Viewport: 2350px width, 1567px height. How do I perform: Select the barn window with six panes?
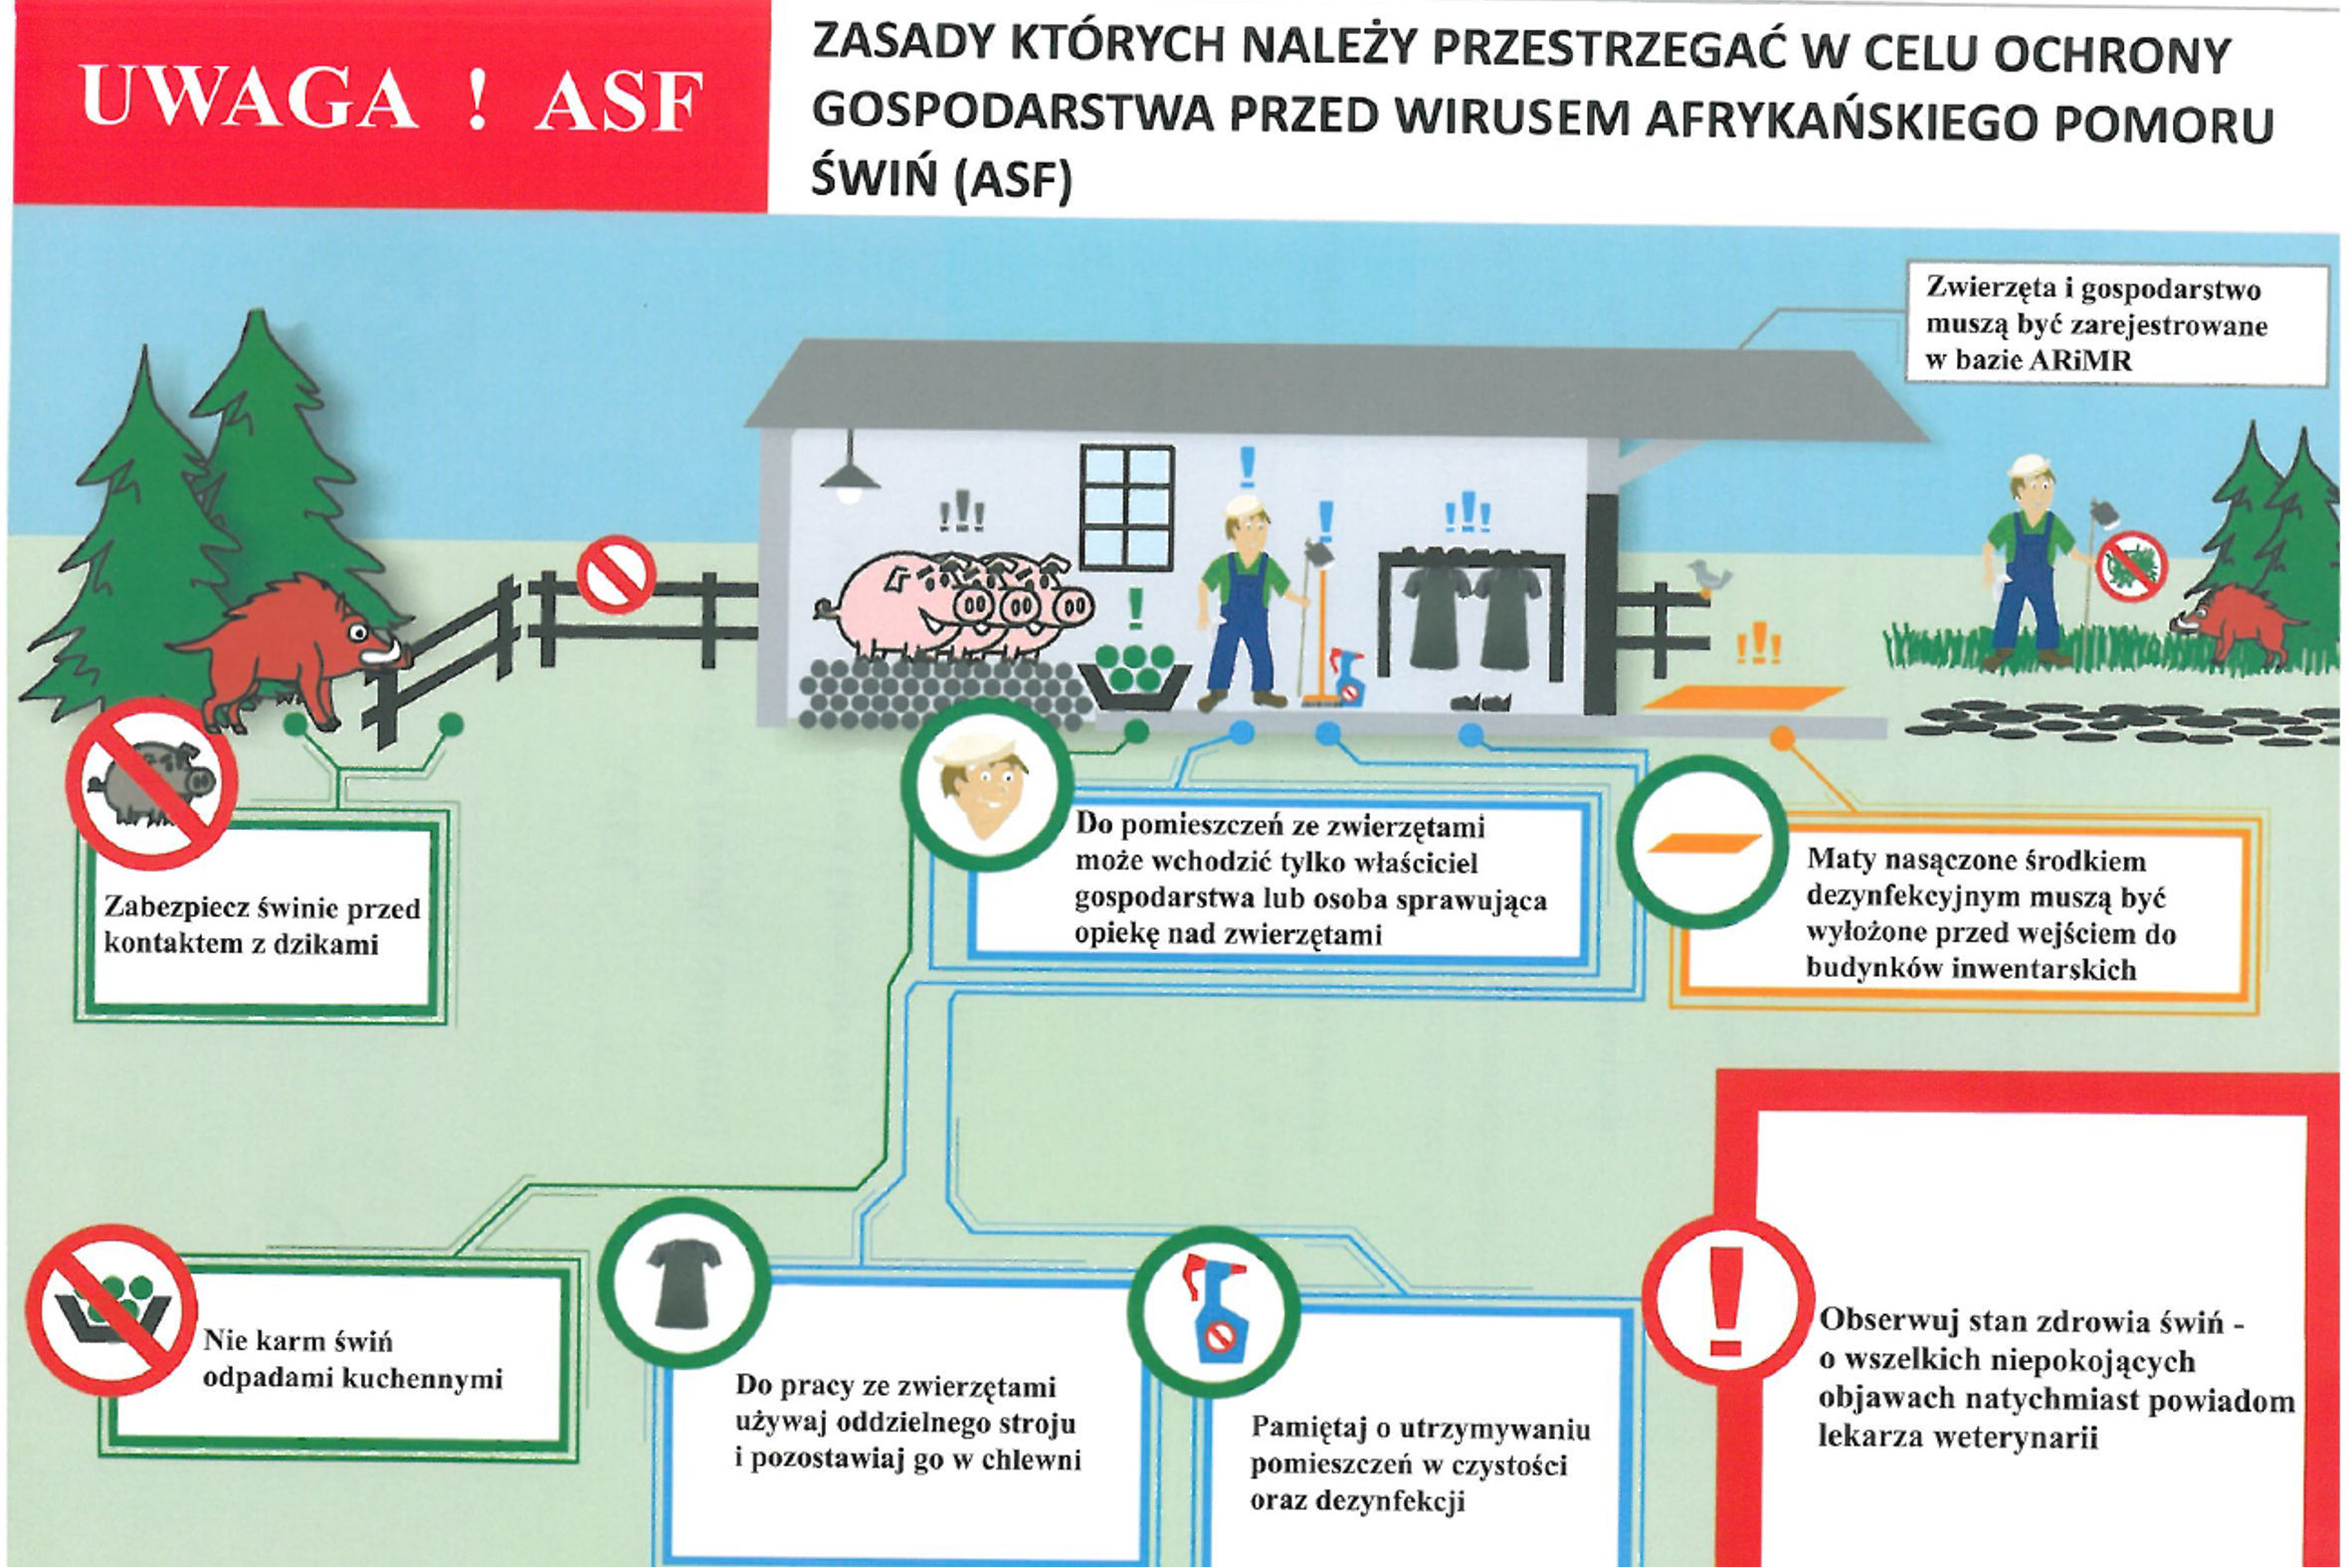pyautogui.click(x=1126, y=507)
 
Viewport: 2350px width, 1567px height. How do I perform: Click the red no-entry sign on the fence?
pyautogui.click(x=617, y=574)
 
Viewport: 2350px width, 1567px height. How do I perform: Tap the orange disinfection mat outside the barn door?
pyautogui.click(x=1743, y=697)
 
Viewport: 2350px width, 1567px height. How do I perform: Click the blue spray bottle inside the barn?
pyautogui.click(x=1348, y=678)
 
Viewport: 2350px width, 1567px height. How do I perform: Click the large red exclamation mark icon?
pyautogui.click(x=1726, y=1300)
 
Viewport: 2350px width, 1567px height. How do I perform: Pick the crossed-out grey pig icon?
pyautogui.click(x=152, y=782)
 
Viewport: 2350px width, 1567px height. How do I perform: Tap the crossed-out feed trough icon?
pyautogui.click(x=111, y=1309)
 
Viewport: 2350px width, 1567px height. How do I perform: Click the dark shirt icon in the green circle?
pyautogui.click(x=685, y=1283)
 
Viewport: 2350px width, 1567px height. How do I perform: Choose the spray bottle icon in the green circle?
pyautogui.click(x=1214, y=1311)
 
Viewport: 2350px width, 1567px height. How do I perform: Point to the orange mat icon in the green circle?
pyautogui.click(x=1702, y=843)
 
